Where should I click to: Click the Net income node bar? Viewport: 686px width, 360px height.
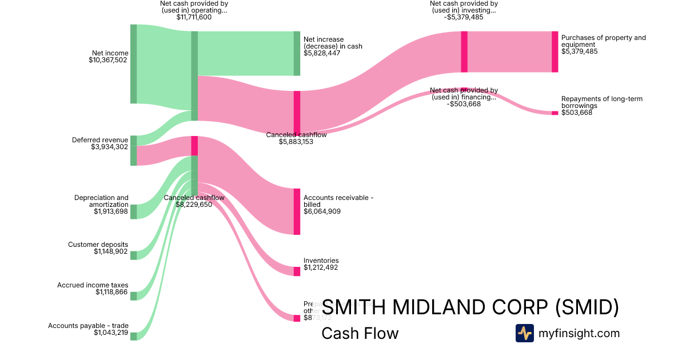[133, 64]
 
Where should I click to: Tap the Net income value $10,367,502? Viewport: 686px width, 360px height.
[108, 59]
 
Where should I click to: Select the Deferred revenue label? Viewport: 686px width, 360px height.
[100, 140]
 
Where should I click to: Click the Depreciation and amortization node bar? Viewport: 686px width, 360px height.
[133, 211]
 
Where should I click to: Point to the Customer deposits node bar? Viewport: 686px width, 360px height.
[133, 255]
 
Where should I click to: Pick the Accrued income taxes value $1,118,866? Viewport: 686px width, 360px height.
[112, 292]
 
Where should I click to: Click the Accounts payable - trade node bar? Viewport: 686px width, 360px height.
[133, 336]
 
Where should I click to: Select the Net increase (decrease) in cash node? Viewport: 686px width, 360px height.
[297, 53]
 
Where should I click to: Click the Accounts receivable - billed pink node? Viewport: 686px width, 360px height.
[297, 211]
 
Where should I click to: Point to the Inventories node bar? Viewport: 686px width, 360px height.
[297, 271]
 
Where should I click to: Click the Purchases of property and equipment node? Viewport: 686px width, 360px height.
[555, 51]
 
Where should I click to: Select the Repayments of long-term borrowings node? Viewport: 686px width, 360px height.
[555, 113]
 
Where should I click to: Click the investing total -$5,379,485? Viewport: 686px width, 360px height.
[464, 17]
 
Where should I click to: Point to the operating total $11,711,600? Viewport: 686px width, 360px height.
[194, 17]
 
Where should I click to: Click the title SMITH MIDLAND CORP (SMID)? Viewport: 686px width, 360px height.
[470, 307]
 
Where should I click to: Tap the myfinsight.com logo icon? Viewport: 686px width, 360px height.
[524, 333]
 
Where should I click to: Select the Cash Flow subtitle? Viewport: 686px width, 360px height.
[360, 333]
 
